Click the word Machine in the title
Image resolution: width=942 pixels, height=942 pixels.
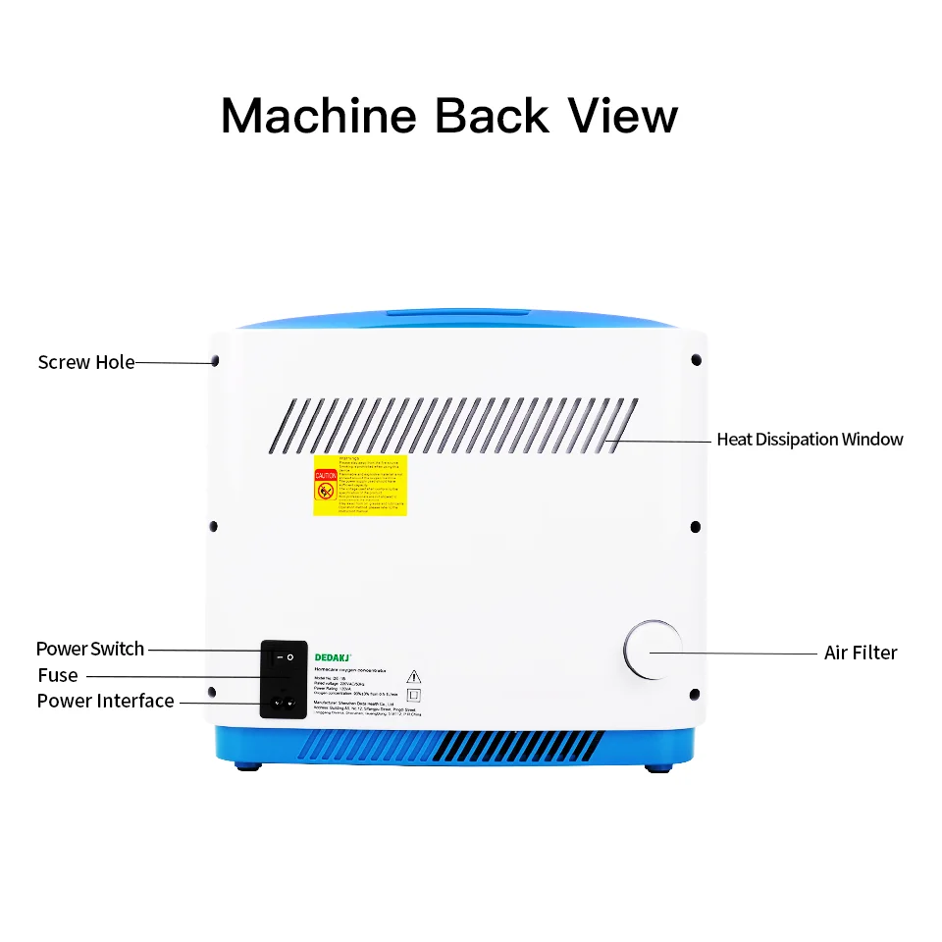319,116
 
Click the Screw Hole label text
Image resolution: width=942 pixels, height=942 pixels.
86,362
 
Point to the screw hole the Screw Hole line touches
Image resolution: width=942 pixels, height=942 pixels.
215,361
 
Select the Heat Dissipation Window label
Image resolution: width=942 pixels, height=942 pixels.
810,440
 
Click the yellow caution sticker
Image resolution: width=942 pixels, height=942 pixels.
359,486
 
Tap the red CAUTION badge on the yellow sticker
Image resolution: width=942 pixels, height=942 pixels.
325,485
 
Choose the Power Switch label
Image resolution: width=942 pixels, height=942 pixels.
90,649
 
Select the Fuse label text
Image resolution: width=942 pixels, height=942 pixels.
58,675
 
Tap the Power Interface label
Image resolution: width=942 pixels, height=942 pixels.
105,701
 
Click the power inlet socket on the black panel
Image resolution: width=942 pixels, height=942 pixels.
284,702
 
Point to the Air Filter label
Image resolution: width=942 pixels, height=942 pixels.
861,653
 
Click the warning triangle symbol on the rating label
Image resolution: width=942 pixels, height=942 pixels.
413,675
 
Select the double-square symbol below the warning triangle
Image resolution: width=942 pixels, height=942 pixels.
413,695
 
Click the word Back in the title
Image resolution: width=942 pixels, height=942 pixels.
492,116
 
